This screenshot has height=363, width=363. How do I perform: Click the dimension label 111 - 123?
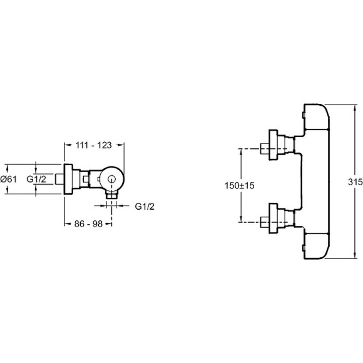coord(94,145)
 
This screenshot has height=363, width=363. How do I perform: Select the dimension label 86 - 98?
coord(88,224)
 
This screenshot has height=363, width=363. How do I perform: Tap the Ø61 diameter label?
coord(9,179)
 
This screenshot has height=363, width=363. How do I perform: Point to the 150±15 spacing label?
coord(239,185)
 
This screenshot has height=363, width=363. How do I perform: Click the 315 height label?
coord(355,181)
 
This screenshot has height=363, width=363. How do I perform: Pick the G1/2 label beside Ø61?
coord(36,179)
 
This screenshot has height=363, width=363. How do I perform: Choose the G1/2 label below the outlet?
coord(145,207)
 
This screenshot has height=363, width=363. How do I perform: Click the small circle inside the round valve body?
coord(112,179)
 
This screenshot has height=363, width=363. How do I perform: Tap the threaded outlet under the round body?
coord(112,195)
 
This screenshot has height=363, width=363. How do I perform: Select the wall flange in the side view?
coord(68,179)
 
